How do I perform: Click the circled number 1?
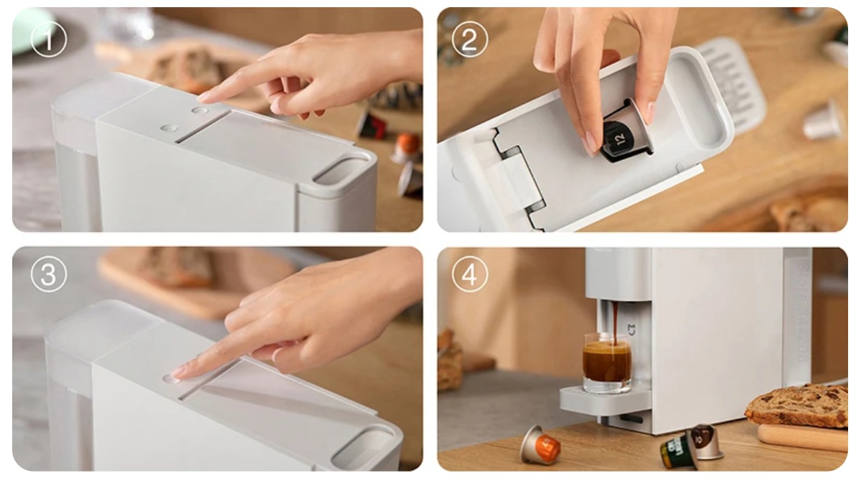[49, 39]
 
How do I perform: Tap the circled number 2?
[470, 39]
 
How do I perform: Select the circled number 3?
[49, 274]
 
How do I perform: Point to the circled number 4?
[470, 274]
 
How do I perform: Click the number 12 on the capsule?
[619, 135]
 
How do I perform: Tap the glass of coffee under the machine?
[606, 363]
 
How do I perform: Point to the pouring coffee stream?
[614, 319]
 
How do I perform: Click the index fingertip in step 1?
[204, 95]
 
